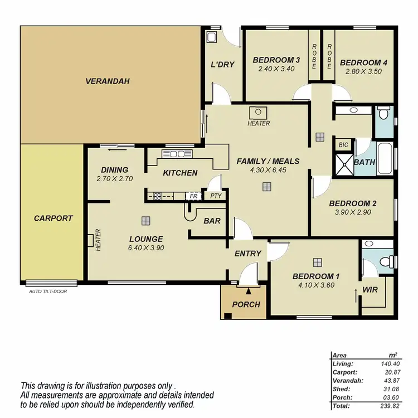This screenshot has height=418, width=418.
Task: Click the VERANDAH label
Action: (107, 81)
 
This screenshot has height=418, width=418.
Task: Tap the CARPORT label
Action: (53, 218)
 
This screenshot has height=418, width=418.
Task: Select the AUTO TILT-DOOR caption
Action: (47, 291)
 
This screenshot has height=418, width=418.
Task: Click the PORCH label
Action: (246, 304)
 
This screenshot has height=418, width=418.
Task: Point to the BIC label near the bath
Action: (343, 145)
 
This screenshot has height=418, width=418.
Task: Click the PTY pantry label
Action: (215, 196)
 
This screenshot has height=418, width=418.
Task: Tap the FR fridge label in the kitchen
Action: (193, 196)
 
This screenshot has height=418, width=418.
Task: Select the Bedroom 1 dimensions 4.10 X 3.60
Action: (317, 285)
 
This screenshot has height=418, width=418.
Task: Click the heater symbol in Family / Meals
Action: (259, 112)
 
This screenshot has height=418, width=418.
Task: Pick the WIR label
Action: (371, 290)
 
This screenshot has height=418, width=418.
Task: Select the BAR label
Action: (212, 221)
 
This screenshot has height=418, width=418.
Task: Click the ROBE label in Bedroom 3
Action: (314, 56)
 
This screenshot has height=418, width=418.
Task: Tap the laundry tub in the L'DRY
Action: (212, 37)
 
